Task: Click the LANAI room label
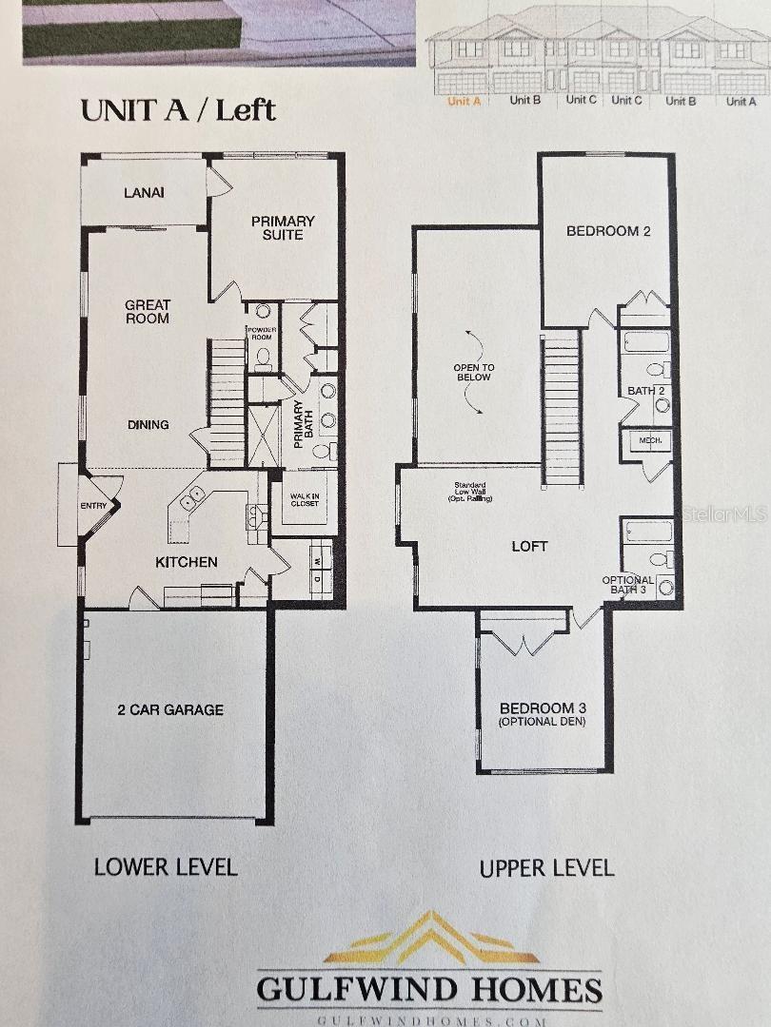click(x=144, y=193)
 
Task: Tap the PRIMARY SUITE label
click(x=283, y=227)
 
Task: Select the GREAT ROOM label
click(x=148, y=312)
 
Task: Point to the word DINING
click(x=148, y=424)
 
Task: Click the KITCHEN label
click(x=187, y=562)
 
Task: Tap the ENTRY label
click(x=93, y=506)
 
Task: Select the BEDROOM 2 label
click(x=608, y=231)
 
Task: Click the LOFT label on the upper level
click(x=530, y=546)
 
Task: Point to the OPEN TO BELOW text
click(x=473, y=372)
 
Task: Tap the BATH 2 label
click(x=645, y=391)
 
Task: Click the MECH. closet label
click(x=650, y=441)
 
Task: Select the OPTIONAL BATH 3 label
click(x=628, y=585)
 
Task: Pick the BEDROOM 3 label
click(x=543, y=714)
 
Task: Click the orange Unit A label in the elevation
click(x=464, y=101)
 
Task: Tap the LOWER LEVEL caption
click(x=166, y=866)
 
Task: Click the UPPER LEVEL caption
click(x=546, y=867)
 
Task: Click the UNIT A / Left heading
click(x=178, y=110)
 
